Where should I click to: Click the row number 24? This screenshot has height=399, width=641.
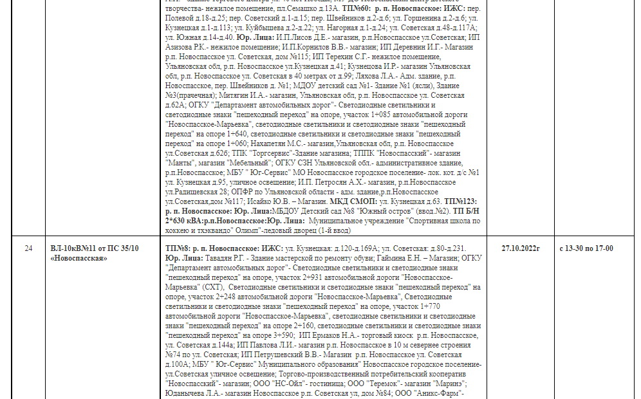(28, 248)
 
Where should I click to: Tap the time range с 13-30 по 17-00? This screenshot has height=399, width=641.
(586, 248)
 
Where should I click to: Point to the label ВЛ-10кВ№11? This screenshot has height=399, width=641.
(73, 248)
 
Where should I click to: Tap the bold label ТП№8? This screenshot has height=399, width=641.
(178, 248)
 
